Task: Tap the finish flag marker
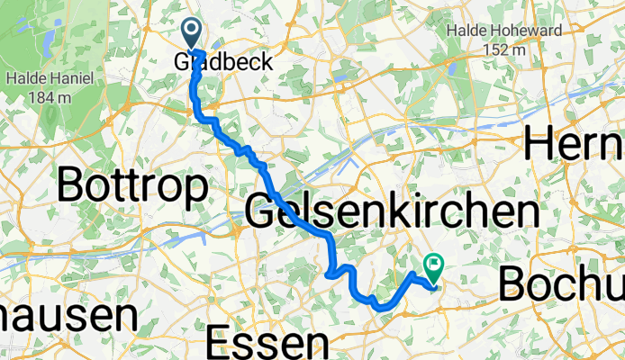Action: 433,265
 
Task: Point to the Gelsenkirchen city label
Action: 392,213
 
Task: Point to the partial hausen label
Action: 68,316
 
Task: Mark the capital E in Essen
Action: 218,342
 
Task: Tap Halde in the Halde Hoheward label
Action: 468,31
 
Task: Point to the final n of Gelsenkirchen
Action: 526,213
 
